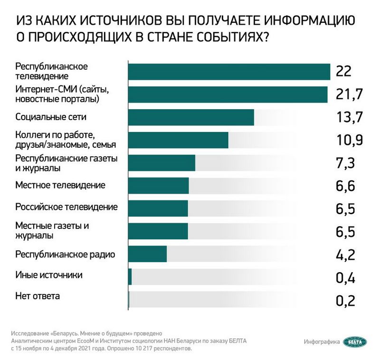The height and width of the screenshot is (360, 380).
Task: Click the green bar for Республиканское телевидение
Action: pyautogui.click(x=229, y=72)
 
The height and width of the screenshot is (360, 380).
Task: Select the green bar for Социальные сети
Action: pyautogui.click(x=191, y=117)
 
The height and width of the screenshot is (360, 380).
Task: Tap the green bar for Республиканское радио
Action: pyautogui.click(x=147, y=254)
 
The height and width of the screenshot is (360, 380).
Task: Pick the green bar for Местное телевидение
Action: pyautogui.click(x=158, y=185)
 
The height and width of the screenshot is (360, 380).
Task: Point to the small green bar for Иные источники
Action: pyautogui.click(x=130, y=276)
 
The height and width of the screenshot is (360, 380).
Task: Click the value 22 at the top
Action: pyautogui.click(x=343, y=71)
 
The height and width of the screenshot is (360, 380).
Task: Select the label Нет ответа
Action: pyautogui.click(x=38, y=297)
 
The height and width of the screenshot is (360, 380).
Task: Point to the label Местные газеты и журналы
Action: pyautogui.click(x=52, y=230)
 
